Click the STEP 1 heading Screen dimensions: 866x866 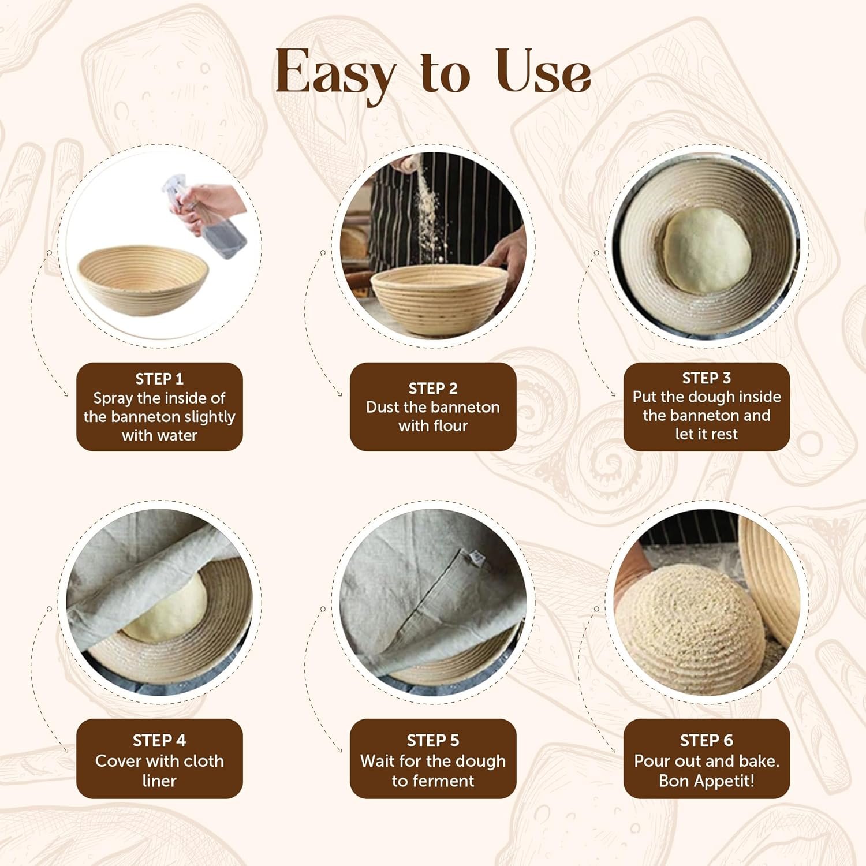pyautogui.click(x=159, y=379)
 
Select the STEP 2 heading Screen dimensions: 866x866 pyautogui.click(x=433, y=388)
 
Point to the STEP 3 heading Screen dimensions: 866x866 pyautogui.click(x=706, y=378)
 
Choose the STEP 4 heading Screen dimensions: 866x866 pyautogui.click(x=159, y=740)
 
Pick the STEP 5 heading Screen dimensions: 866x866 pyautogui.click(x=433, y=740)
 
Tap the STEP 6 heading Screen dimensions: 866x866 pyautogui.click(x=706, y=740)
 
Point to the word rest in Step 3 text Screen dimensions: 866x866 pyautogui.click(x=724, y=434)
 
